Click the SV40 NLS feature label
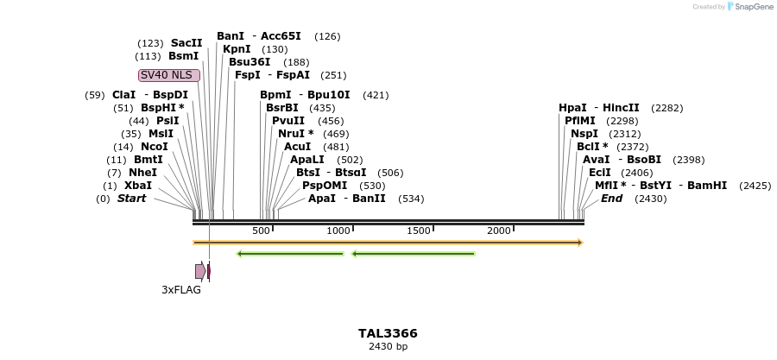[x=169, y=75]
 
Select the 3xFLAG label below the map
[x=181, y=290]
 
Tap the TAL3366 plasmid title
[x=388, y=333]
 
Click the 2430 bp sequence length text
[x=388, y=347]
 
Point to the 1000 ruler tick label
[x=338, y=231]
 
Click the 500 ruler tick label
[x=261, y=231]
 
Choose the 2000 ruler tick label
[x=499, y=231]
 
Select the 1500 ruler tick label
[x=419, y=231]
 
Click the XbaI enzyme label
[x=138, y=186]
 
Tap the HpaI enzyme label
[x=572, y=108]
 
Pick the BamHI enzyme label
[x=708, y=186]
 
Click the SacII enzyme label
[x=186, y=43]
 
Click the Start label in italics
[x=131, y=199]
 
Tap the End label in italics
[x=611, y=199]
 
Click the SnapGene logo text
[x=755, y=7]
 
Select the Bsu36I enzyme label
[x=250, y=62]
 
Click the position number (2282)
[x=667, y=108]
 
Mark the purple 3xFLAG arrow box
[x=200, y=271]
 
